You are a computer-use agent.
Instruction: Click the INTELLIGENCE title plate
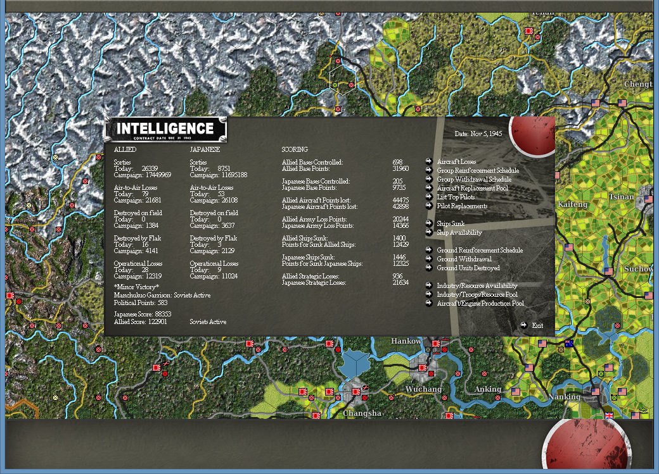tap(165, 129)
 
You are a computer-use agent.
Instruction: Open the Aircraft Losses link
tap(456, 162)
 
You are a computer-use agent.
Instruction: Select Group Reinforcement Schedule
tap(478, 171)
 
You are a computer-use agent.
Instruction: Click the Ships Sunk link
tap(451, 224)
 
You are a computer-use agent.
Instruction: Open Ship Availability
tap(459, 233)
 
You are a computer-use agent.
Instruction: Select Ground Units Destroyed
tap(468, 268)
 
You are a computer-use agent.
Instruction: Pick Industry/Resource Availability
tap(477, 286)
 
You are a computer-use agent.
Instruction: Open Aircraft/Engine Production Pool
tap(480, 304)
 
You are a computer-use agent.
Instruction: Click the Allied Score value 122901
tap(155, 322)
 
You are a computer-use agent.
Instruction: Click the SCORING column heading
tap(295, 150)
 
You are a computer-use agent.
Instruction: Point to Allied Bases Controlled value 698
tap(397, 163)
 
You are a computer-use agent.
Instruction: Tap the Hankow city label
tap(406, 341)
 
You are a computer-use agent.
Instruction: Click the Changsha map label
tap(362, 413)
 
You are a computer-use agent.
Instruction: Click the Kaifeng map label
tap(573, 204)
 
